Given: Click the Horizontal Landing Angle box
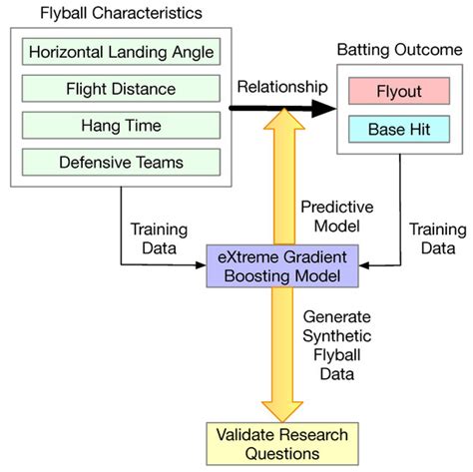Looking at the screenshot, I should click(121, 51).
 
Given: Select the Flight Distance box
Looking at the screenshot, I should click(121, 88).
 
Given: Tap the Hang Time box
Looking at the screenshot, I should click(121, 125).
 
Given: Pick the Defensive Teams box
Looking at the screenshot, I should click(121, 162).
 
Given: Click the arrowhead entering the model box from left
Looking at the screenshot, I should click(202, 265).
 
